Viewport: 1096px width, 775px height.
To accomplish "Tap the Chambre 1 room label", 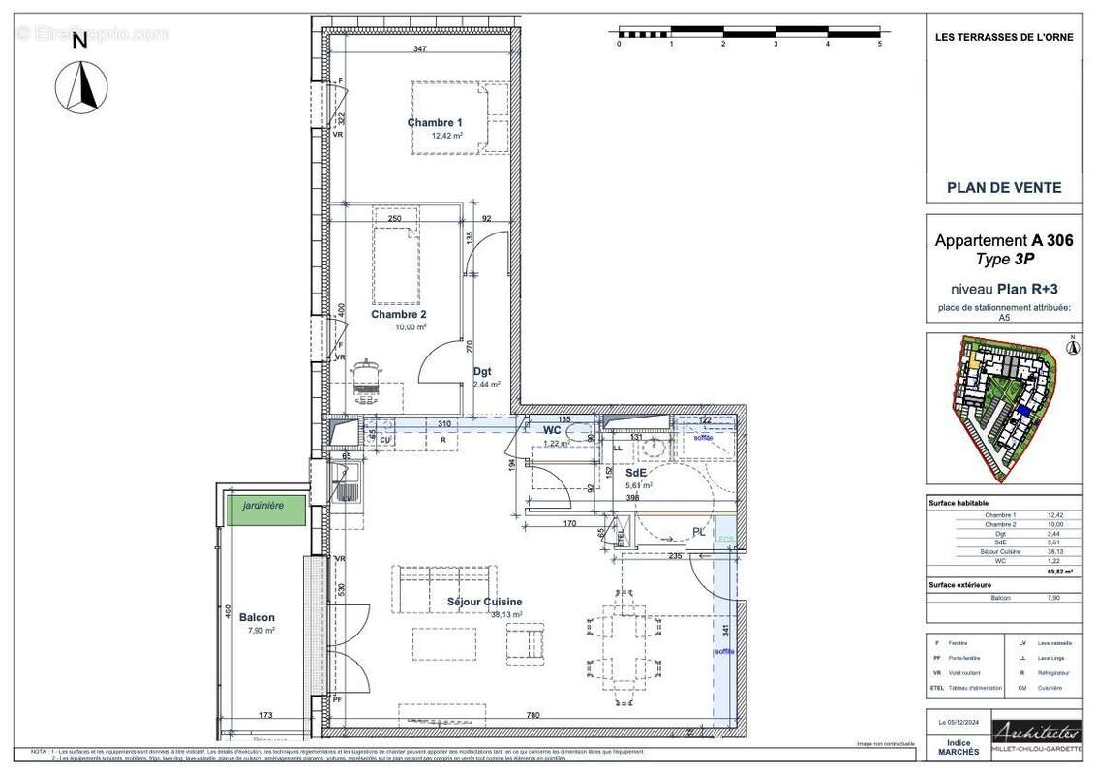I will pyautogui.click(x=435, y=123).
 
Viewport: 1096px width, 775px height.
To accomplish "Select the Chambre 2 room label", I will pyautogui.click(x=398, y=314).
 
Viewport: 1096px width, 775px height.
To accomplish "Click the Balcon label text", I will pyautogui.click(x=257, y=617).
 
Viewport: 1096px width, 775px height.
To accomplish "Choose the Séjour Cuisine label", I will pyautogui.click(x=484, y=602).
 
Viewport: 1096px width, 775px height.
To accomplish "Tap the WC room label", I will pyautogui.click(x=553, y=429).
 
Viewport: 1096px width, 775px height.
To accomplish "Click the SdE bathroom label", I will pyautogui.click(x=636, y=473).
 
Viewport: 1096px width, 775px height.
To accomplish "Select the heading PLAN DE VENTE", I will pyautogui.click(x=1003, y=188).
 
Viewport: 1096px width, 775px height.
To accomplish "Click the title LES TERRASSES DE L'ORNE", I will pyautogui.click(x=1003, y=38).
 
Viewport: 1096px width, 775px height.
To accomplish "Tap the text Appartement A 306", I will pyautogui.click(x=1003, y=241).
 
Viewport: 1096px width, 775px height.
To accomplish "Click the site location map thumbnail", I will pyautogui.click(x=1003, y=409).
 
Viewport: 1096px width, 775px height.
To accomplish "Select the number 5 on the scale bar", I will pyautogui.click(x=879, y=45).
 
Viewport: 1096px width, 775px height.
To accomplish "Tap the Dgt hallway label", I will pyautogui.click(x=482, y=371).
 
